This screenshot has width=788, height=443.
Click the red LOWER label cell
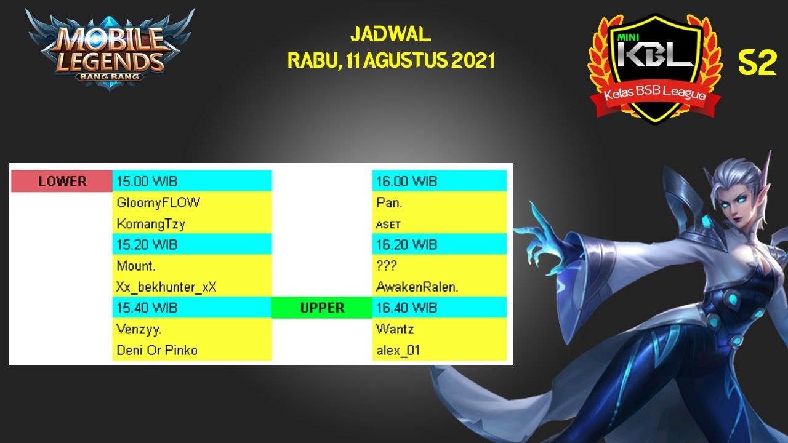pos(62,182)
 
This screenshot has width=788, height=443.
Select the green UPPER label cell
pos(322,308)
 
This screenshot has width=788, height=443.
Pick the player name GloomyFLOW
pos(158,202)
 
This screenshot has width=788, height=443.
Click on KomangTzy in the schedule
pos(151,223)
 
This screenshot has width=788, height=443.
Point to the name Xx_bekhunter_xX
pos(166,287)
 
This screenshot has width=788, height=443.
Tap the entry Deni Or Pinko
pos(157,350)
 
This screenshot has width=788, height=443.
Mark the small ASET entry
pos(388,225)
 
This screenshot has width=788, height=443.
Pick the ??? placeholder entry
pos(387,266)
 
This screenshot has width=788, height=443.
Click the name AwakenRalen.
pos(416,287)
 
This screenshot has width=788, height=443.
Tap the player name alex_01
pos(398,350)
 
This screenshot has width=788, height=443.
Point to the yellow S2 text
pos(757,63)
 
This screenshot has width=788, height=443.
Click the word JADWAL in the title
pos(390,34)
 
